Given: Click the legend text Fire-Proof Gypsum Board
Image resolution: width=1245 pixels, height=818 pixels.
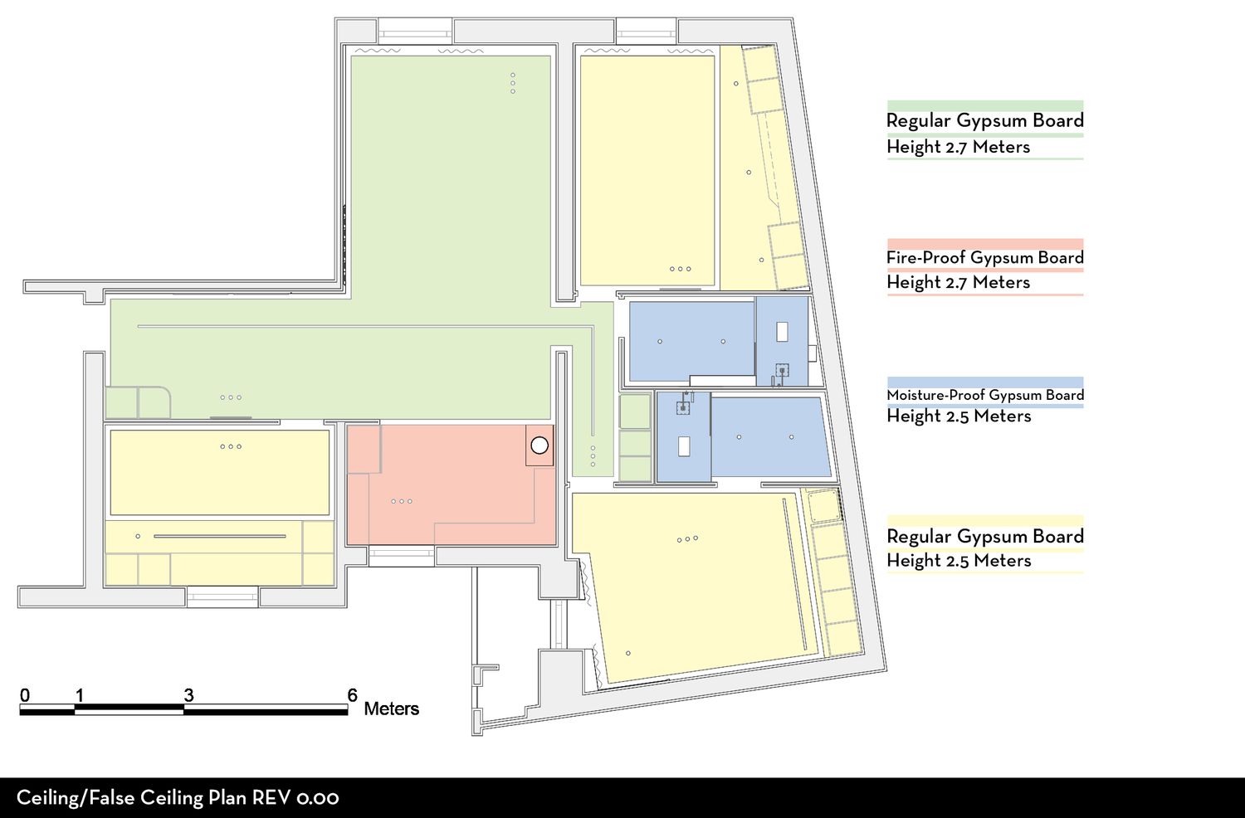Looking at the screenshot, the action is [x=985, y=257].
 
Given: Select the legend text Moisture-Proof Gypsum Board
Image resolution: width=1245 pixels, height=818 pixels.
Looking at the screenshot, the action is [x=985, y=395].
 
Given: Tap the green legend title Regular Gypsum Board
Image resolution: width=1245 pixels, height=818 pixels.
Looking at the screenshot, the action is [x=985, y=120].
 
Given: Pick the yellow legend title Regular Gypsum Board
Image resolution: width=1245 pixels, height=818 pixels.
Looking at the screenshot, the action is [x=985, y=536].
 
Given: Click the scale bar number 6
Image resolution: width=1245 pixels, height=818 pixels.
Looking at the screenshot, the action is [x=353, y=694].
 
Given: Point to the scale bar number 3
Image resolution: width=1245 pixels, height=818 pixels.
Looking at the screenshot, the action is [x=188, y=694].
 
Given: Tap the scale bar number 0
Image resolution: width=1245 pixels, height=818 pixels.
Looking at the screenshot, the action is [x=24, y=694].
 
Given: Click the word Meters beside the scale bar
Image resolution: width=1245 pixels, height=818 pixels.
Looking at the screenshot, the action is [x=391, y=708].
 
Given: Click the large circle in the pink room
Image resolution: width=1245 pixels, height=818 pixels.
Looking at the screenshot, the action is [x=539, y=446].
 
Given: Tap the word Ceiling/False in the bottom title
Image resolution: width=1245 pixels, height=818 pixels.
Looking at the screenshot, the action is [x=76, y=798].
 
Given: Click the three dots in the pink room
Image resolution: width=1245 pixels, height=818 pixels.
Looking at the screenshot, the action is [x=402, y=501].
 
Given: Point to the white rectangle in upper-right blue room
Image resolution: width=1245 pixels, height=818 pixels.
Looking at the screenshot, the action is [x=782, y=331].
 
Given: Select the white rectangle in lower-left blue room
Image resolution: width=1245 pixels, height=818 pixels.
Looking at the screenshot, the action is [x=684, y=446].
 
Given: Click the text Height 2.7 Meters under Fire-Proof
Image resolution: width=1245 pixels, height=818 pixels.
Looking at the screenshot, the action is [x=958, y=282].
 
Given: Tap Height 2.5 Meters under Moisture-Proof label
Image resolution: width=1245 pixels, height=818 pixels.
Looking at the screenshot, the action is [x=959, y=416].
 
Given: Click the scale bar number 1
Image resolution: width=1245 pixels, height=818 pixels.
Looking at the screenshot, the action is [x=80, y=694].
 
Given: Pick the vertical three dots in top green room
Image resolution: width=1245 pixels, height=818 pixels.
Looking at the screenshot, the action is [x=512, y=83].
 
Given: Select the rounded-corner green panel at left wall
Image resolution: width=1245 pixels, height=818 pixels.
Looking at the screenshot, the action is [x=154, y=402].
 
